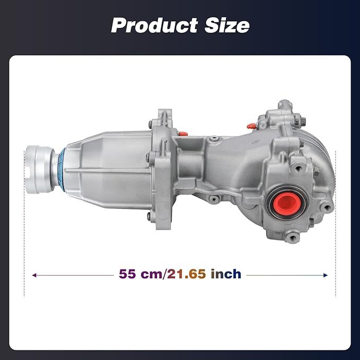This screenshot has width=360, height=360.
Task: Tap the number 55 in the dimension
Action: coord(128,275)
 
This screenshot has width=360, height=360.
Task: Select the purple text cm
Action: coord(150,275)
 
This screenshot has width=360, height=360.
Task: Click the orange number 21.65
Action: coord(186,275)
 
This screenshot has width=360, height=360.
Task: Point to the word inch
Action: coord(226,275)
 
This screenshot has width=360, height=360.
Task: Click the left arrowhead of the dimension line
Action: coord(34,275)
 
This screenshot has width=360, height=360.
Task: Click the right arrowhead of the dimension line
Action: coord(326,275)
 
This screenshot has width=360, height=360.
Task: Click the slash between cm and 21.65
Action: coord(165,275)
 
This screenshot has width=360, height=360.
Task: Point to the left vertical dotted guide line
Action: coord(24,223)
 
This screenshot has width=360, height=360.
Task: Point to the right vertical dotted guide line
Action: coord(336,223)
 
